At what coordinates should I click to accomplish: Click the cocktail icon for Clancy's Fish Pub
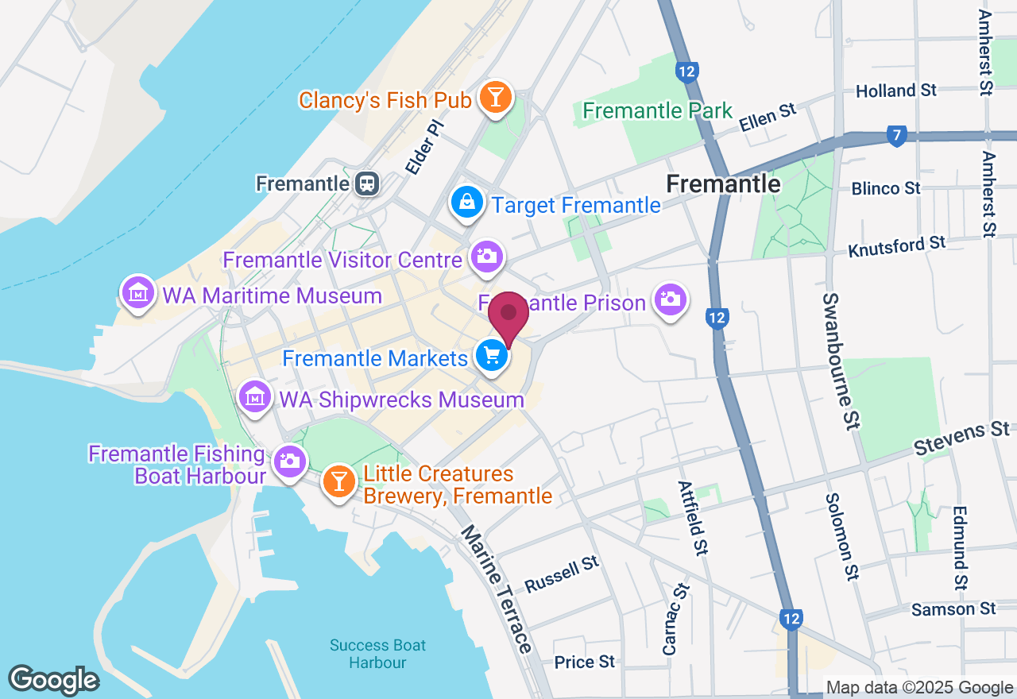coord(497,98)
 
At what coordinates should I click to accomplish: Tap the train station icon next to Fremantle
coord(367,183)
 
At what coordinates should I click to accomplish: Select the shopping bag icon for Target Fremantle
coord(468,203)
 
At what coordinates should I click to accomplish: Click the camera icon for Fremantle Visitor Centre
coord(485,257)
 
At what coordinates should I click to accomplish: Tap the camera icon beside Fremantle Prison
coord(671,300)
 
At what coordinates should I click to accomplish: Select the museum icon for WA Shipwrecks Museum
coord(255,396)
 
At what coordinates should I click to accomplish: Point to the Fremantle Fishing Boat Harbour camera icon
coord(288,461)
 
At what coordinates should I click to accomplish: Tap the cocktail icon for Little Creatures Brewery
coord(339,482)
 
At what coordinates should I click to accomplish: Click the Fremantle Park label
coord(657,110)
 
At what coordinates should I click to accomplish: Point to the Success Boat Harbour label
coord(378,654)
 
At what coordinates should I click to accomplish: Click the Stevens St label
coord(961,438)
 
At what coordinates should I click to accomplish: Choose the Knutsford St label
coord(897,246)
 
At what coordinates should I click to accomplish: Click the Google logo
coord(53,680)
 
